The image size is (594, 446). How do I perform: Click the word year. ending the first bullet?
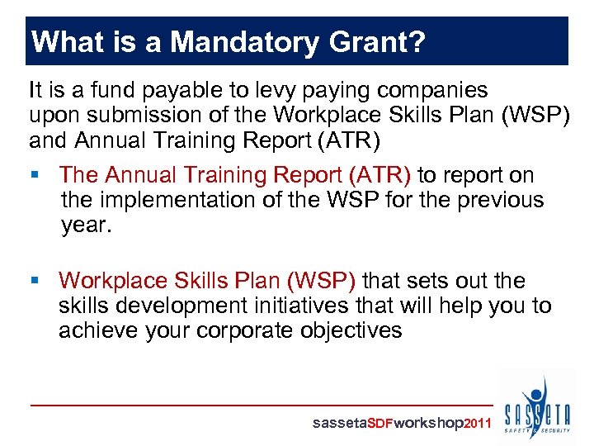[x=86, y=225]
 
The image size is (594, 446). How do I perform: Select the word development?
[x=192, y=306]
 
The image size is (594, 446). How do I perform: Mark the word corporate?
[x=257, y=331]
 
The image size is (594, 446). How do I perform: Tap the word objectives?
[x=359, y=331]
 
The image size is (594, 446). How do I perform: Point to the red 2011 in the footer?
[x=478, y=424]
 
